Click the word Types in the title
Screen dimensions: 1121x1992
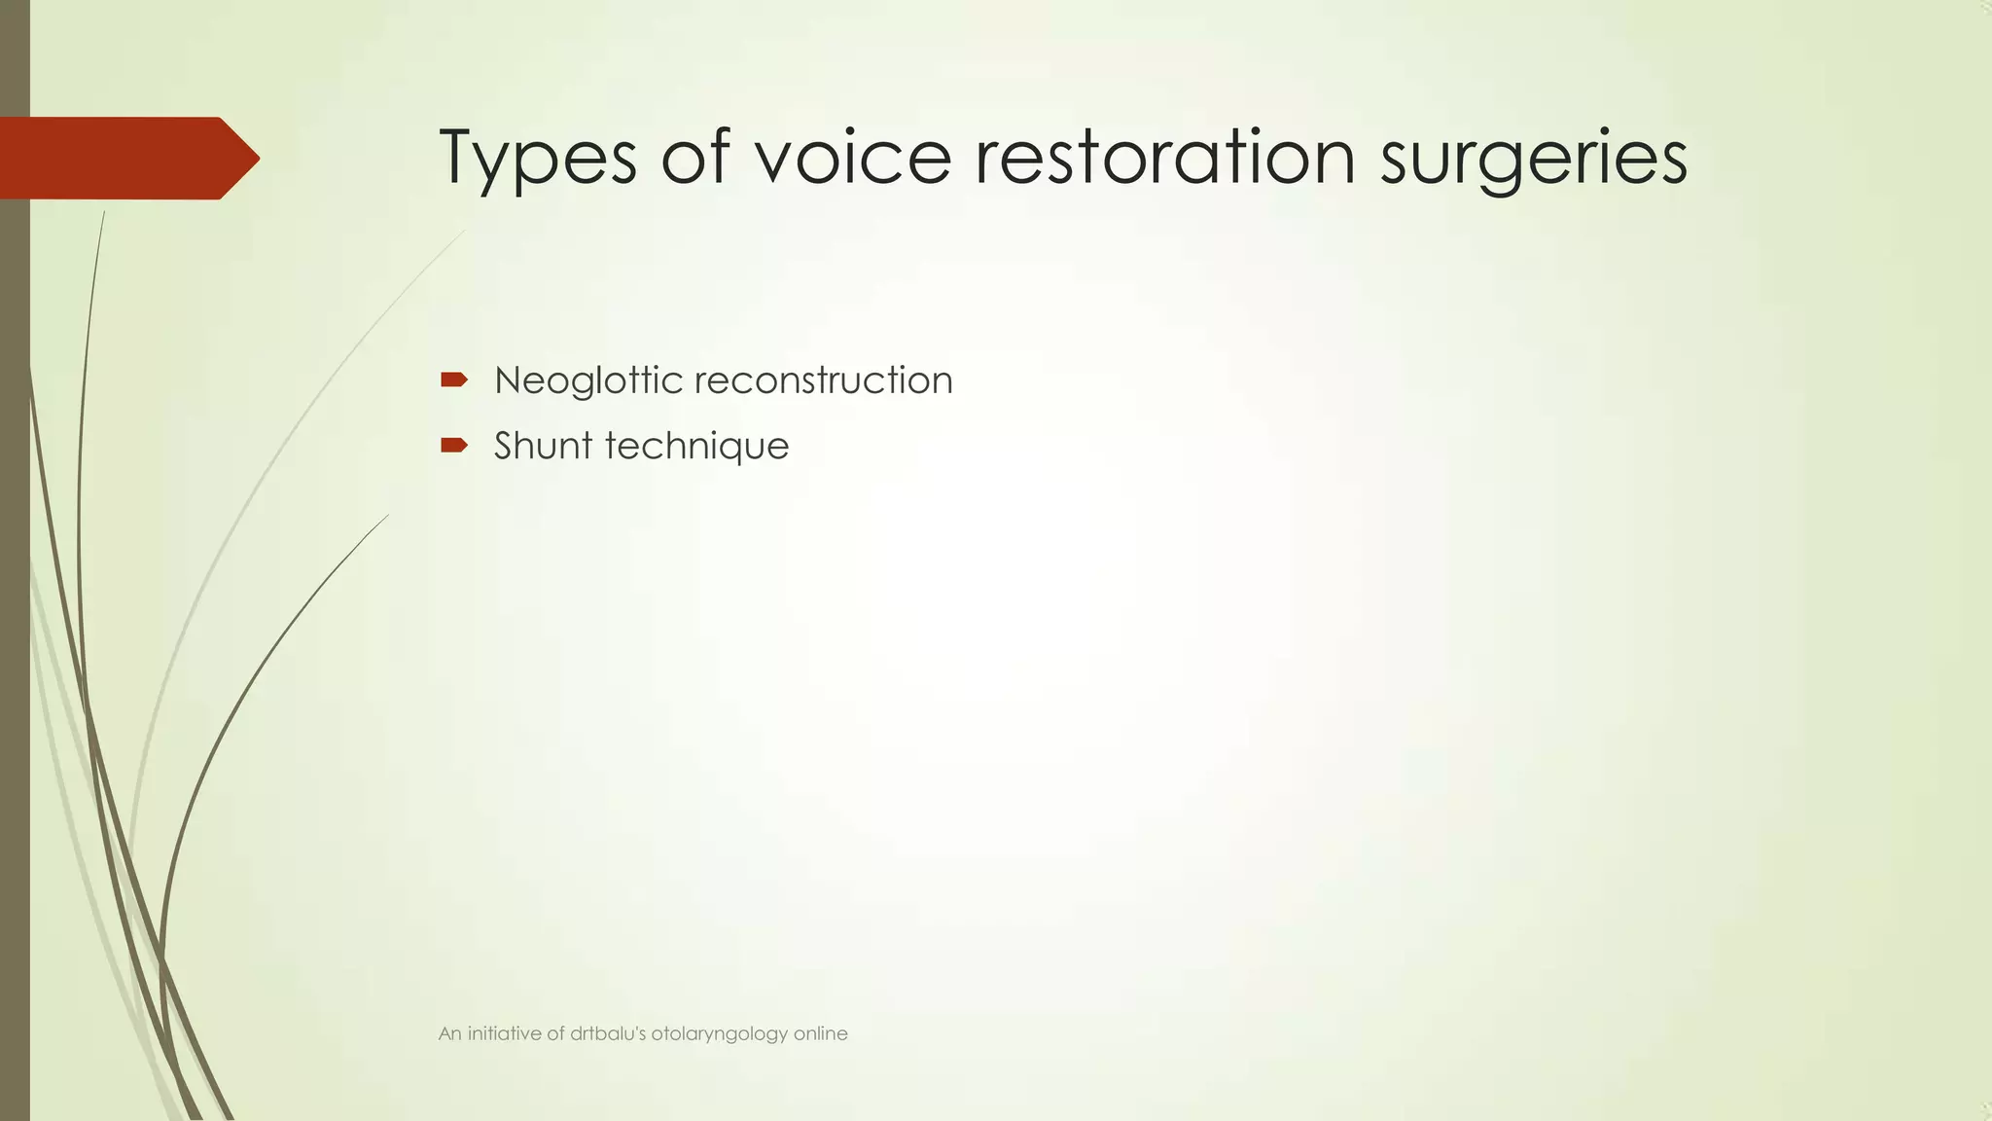click(x=538, y=158)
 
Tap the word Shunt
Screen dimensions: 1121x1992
click(x=543, y=446)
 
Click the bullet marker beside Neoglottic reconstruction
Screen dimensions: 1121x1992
click(x=454, y=380)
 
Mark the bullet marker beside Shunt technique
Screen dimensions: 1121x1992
click(x=454, y=446)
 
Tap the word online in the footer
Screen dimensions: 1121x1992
click(x=821, y=1033)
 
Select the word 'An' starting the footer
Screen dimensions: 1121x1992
click(x=449, y=1033)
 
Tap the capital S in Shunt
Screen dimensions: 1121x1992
click(x=505, y=446)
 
